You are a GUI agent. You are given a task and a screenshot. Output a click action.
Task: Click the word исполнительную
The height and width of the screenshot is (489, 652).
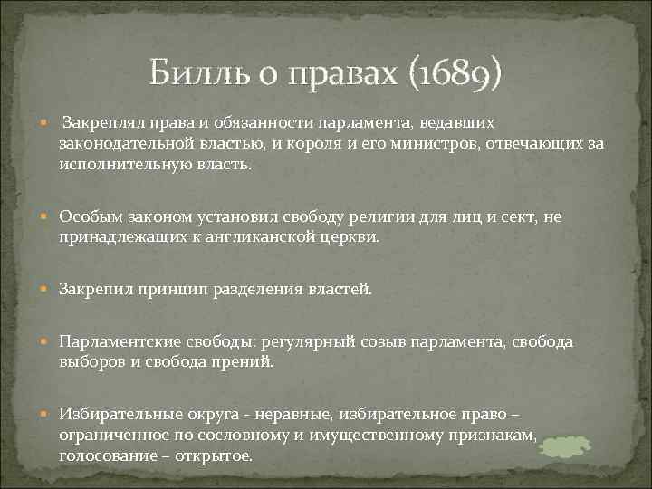[114, 166]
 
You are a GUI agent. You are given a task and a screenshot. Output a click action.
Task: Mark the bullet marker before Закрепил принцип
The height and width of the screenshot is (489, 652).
[45, 289]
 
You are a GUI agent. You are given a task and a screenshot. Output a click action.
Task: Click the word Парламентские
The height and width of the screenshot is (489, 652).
[111, 340]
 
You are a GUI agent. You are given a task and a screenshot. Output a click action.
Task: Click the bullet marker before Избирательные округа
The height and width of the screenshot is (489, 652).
[45, 413]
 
